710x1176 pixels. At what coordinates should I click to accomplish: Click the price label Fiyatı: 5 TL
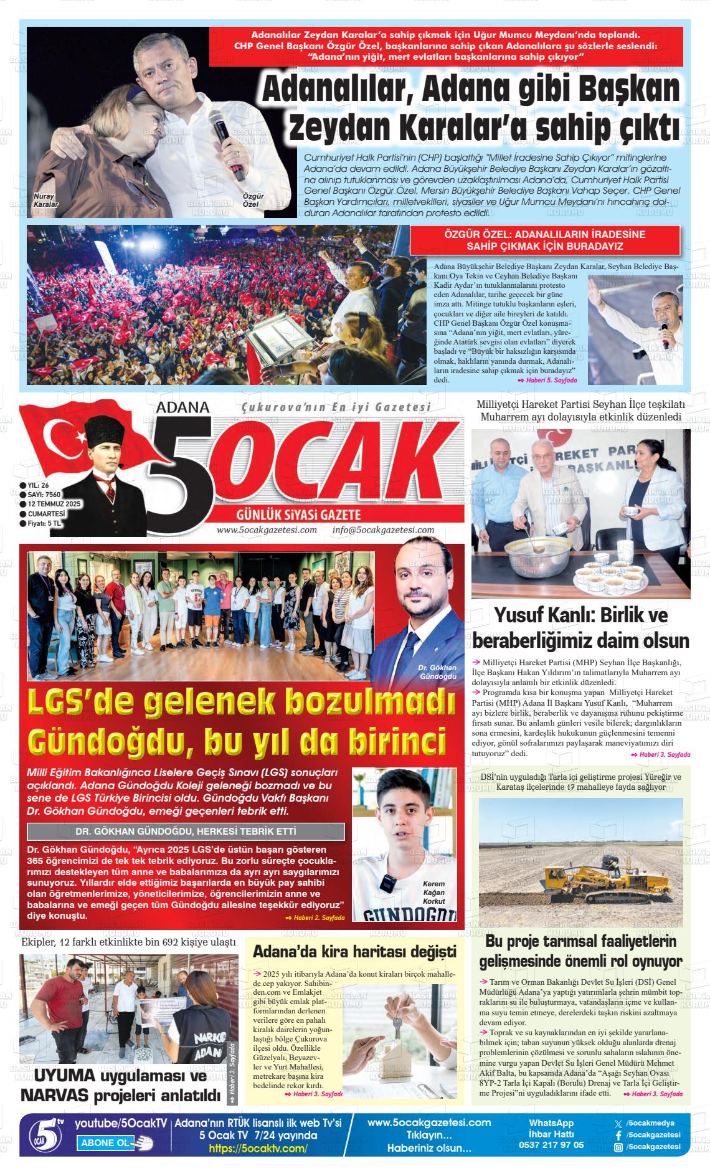[x=44, y=523]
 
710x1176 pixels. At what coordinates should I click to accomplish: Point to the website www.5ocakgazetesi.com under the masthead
[x=267, y=530]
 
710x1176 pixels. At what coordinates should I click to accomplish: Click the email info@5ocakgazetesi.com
[x=383, y=530]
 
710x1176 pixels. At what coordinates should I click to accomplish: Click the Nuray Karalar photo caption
[x=45, y=200]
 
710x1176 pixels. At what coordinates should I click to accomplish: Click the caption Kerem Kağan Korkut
[x=434, y=892]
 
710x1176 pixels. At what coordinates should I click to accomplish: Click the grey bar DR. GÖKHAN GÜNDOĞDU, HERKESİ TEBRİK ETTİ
[x=186, y=832]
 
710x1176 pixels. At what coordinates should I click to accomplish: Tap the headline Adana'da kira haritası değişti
[x=354, y=951]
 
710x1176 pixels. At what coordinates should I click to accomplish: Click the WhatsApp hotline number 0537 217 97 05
[x=551, y=1144]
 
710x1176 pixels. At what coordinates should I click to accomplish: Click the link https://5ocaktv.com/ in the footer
[x=258, y=1149]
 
